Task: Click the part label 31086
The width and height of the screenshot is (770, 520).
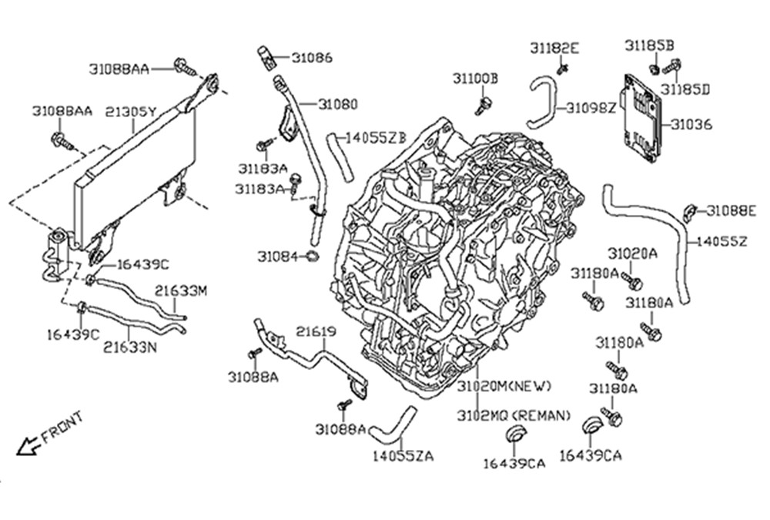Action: tap(312, 58)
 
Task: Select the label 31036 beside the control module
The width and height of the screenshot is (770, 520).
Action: tap(691, 124)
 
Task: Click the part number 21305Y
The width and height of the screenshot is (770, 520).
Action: tap(131, 112)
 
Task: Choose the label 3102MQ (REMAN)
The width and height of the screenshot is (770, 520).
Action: tap(514, 416)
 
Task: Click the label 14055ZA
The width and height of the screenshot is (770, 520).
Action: tap(402, 456)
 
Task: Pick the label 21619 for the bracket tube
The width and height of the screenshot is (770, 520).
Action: tap(316, 332)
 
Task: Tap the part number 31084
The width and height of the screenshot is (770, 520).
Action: tap(277, 256)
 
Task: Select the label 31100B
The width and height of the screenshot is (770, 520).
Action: tap(474, 79)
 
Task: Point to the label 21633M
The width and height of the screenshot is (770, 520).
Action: tap(181, 291)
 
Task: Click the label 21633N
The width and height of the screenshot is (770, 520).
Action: tap(130, 347)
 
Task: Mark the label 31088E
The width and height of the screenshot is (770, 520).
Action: tap(731, 210)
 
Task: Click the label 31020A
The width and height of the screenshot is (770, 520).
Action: tap(632, 253)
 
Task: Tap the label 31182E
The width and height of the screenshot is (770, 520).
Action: tap(554, 48)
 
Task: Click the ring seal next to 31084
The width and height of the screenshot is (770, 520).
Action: tap(313, 256)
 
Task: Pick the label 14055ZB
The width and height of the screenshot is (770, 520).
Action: tap(375, 138)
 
